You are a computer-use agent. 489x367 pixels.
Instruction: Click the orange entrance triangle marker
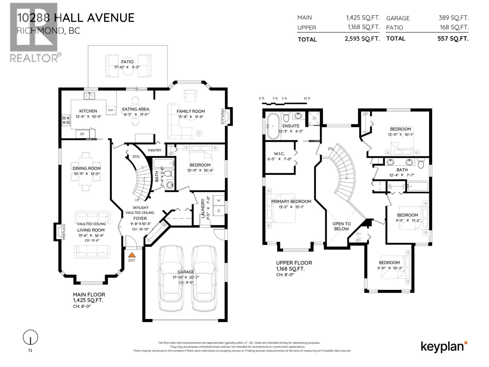[132, 254]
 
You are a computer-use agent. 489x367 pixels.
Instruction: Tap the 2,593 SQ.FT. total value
[362, 39]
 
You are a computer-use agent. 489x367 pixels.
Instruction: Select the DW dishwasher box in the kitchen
[111, 110]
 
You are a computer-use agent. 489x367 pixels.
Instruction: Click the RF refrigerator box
[83, 134]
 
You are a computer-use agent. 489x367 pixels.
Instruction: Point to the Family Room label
[191, 111]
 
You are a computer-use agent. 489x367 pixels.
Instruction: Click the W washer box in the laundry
[219, 200]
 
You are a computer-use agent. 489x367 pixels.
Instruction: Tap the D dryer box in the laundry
[219, 211]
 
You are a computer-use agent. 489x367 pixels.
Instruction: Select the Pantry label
[154, 150]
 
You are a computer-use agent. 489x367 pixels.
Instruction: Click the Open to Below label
[341, 226]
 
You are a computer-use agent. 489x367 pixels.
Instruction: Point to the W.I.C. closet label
[279, 154]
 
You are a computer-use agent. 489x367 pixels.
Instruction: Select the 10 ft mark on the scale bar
[307, 98]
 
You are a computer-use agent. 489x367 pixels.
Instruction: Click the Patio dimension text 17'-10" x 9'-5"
[127, 67]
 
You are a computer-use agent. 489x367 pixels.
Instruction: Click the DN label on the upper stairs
[330, 149]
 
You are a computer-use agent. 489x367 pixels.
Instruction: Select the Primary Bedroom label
[291, 201]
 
